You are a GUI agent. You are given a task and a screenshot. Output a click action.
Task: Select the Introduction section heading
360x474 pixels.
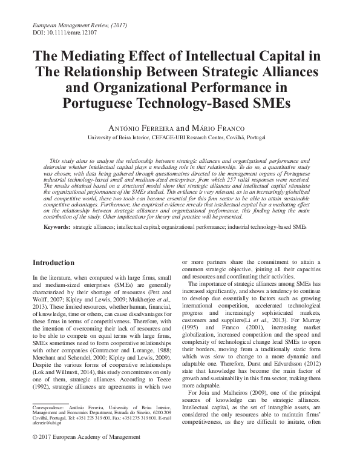point(53,263)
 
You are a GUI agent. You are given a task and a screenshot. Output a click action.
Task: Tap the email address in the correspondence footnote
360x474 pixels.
point(45,439)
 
